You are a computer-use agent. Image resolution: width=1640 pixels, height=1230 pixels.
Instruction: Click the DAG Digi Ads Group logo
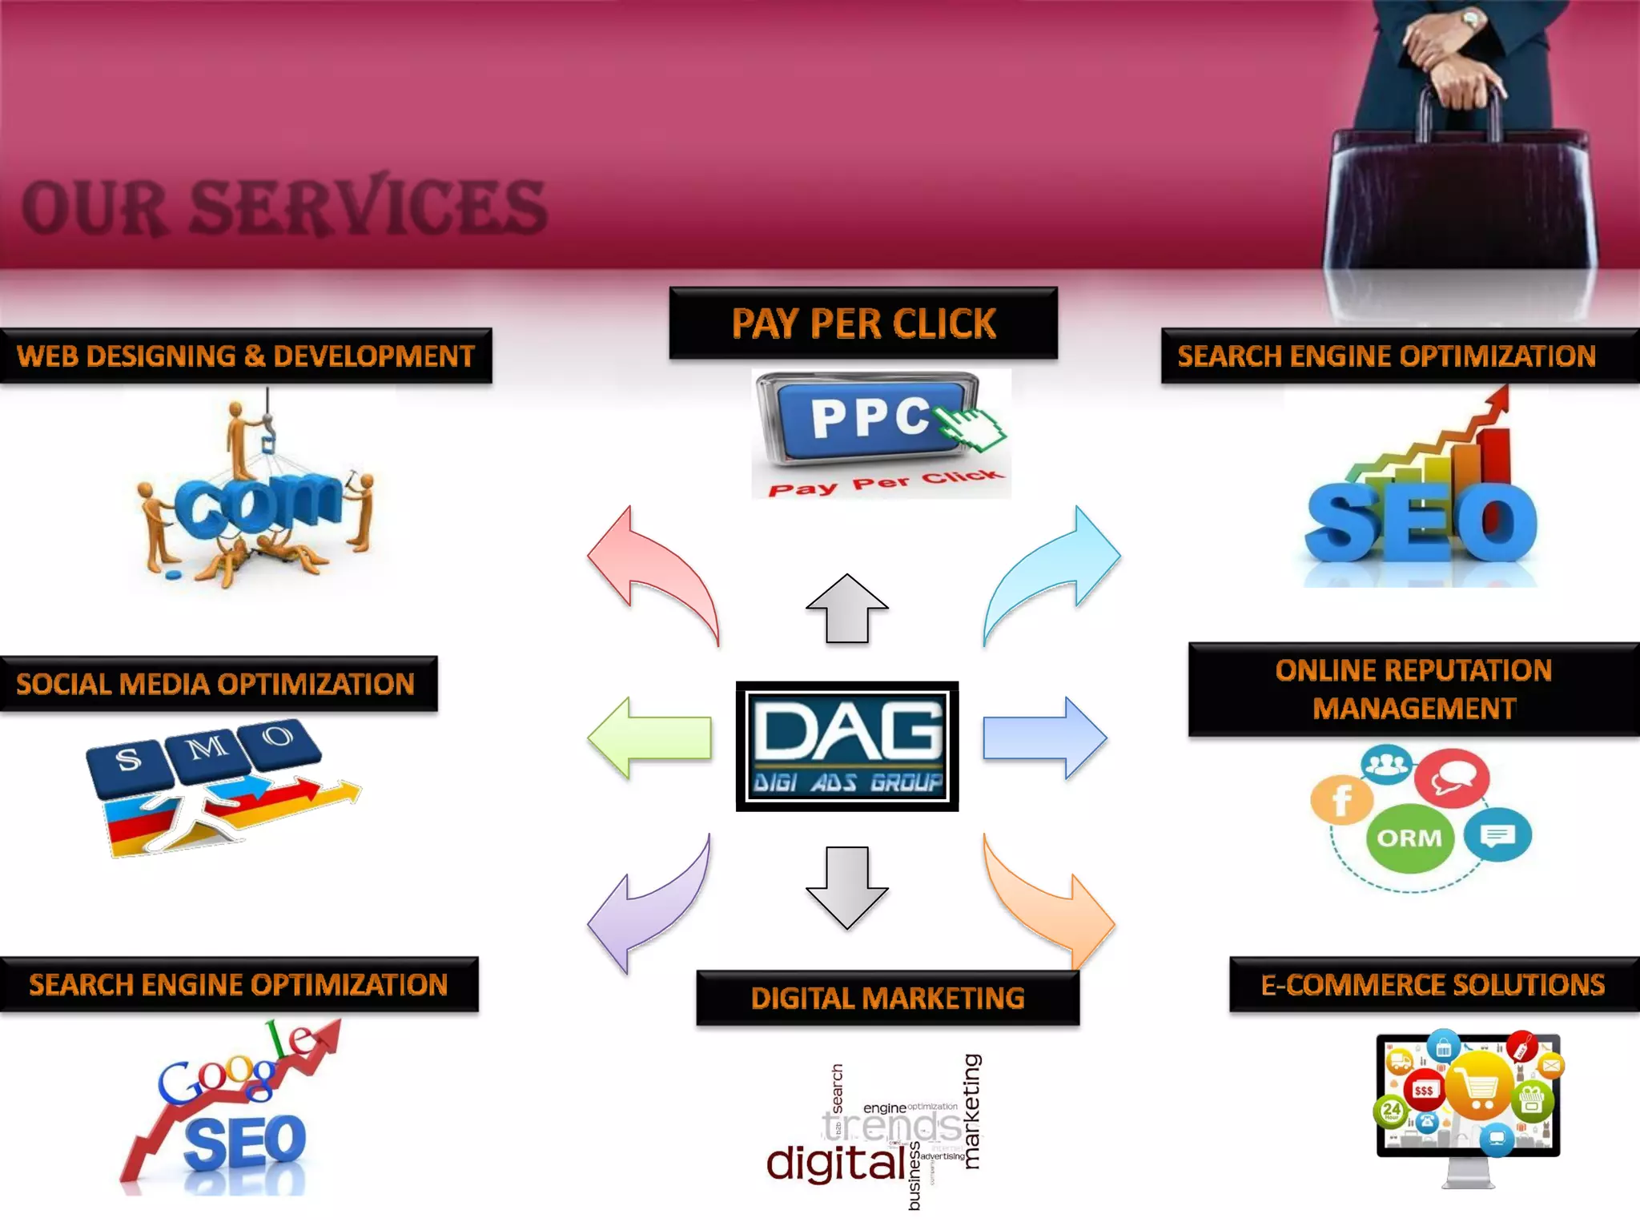click(x=847, y=746)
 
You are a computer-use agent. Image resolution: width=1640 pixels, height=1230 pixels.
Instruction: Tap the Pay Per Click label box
click(x=863, y=323)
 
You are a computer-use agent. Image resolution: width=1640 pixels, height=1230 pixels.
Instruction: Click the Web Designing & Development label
click(x=245, y=356)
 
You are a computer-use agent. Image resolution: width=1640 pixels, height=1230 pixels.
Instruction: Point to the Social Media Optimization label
click(x=216, y=684)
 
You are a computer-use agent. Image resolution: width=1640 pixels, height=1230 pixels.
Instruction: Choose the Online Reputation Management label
click(x=1413, y=689)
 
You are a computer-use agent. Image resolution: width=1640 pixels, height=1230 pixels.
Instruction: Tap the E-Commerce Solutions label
click(x=1433, y=984)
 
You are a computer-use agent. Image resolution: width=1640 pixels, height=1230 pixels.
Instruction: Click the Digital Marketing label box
click(x=887, y=998)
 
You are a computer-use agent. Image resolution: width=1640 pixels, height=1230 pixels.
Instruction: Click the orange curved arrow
click(x=1049, y=905)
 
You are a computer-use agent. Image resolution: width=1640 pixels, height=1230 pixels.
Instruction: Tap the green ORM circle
click(x=1409, y=838)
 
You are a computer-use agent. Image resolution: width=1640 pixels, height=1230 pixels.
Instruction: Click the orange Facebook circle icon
click(x=1341, y=799)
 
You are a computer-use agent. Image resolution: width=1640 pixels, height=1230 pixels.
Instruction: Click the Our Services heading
click(x=284, y=207)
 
